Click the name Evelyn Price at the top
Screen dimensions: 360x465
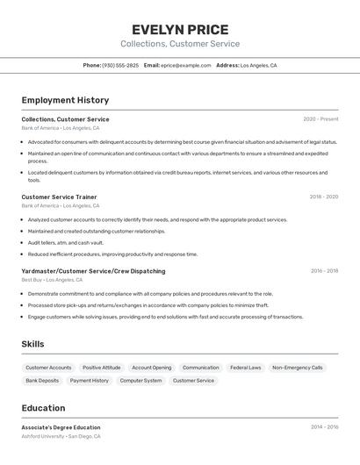(x=180, y=29)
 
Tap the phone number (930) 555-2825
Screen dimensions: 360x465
(x=120, y=65)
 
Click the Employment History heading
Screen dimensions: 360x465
(x=65, y=100)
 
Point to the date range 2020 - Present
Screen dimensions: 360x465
(x=320, y=119)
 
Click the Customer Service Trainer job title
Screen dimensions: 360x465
(x=59, y=197)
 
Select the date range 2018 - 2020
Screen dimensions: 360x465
(x=323, y=197)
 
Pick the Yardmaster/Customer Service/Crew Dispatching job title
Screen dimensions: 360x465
(x=93, y=271)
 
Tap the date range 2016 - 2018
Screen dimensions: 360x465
(x=324, y=271)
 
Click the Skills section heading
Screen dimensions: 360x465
(x=32, y=344)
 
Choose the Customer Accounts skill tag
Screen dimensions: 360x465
(x=48, y=368)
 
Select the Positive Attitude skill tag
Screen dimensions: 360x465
(x=102, y=368)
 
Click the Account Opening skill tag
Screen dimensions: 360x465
(x=152, y=368)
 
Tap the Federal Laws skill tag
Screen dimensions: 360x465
(x=246, y=368)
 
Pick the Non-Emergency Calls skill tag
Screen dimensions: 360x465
(x=298, y=368)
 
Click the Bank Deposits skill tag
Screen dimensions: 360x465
(x=42, y=381)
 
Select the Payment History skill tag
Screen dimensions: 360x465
(x=90, y=381)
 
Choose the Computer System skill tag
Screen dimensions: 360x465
(x=140, y=381)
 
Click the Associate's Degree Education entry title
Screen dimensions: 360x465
(x=61, y=427)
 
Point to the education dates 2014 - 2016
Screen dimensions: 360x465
(x=324, y=427)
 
